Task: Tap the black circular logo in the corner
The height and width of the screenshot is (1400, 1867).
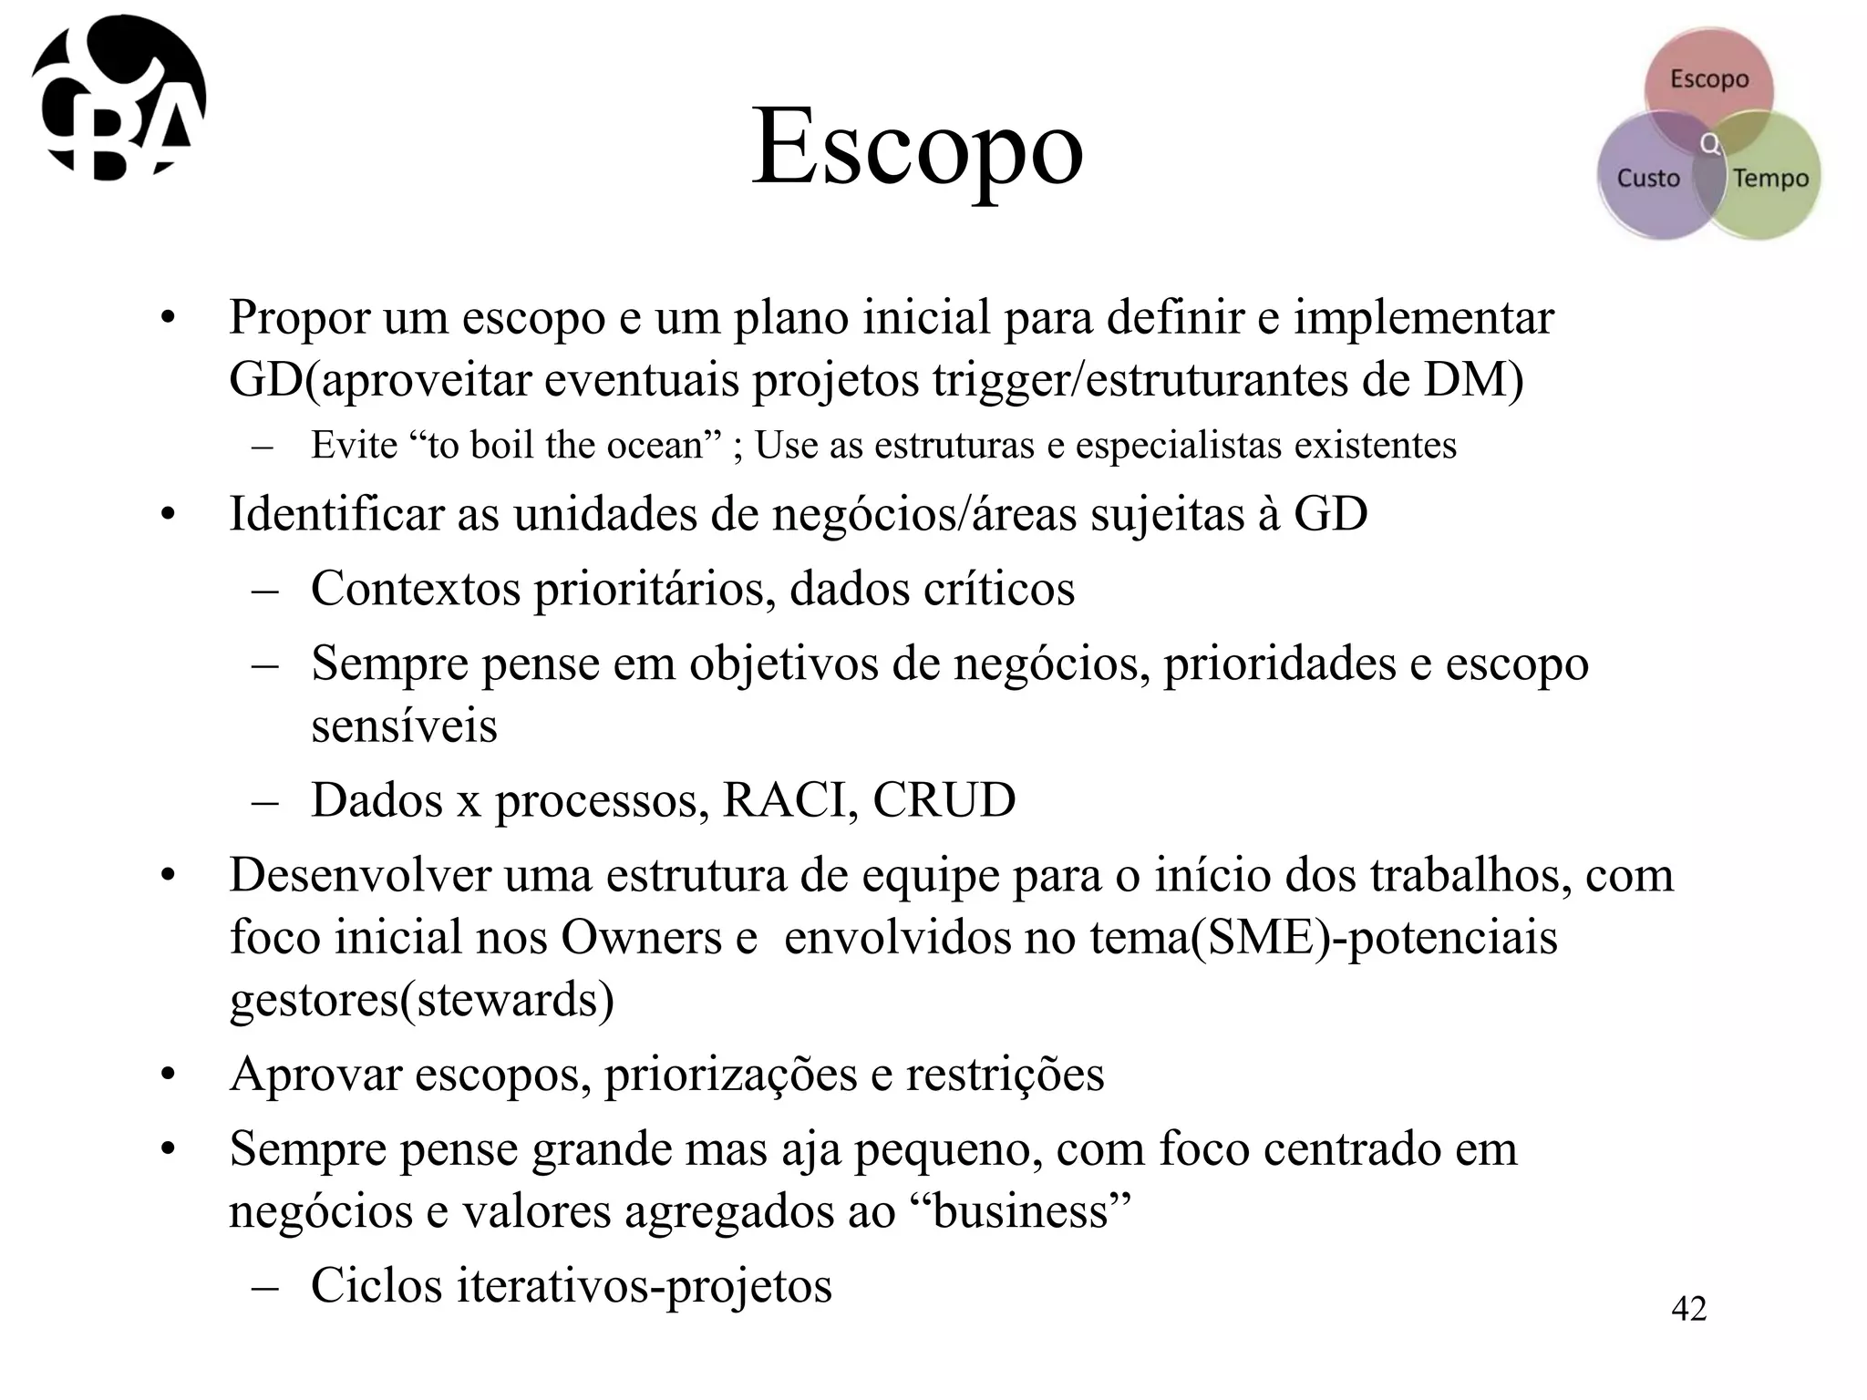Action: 119,98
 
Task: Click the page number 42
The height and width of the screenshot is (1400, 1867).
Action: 1688,1309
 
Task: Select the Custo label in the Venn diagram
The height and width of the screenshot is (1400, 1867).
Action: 1648,178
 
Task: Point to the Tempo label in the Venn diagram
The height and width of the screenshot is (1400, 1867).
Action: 1770,178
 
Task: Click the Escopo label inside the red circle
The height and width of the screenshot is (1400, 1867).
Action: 1709,79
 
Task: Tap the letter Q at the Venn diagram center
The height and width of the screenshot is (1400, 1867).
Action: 1711,144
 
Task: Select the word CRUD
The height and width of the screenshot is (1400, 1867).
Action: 944,800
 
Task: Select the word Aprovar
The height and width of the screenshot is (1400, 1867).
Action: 315,1074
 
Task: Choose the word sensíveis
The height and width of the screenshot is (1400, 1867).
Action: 404,726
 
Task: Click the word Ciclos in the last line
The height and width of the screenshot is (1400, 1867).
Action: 376,1285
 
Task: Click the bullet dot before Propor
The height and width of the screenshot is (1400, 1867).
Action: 166,319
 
